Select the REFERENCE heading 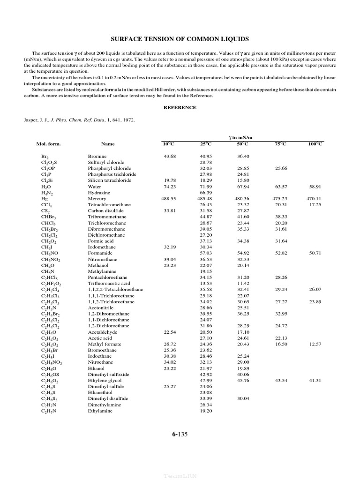(x=180, y=107)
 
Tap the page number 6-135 (x=180, y=434)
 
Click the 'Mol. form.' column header (x=49, y=144)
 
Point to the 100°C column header (x=315, y=144)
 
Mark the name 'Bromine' (x=97, y=156)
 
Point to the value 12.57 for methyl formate (x=315, y=344)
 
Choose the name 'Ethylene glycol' (x=104, y=381)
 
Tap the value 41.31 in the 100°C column (x=315, y=381)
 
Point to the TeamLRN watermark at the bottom (x=180, y=475)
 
